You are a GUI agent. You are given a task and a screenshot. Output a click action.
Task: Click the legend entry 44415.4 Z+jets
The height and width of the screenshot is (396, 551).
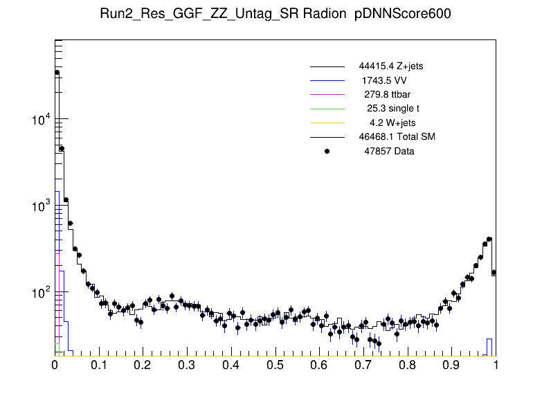point(391,66)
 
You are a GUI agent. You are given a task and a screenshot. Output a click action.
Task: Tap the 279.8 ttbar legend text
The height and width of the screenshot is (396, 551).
point(389,94)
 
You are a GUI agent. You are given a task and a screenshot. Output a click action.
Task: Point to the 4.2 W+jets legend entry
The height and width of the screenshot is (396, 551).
point(393,123)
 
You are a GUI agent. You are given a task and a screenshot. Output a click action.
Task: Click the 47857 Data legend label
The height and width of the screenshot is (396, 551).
point(389,151)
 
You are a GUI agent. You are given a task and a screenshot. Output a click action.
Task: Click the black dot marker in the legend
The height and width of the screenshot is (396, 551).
point(327,151)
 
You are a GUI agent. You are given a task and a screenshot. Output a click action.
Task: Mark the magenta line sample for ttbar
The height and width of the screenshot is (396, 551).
point(327,94)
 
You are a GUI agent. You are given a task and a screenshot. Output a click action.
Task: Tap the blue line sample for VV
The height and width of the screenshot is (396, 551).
point(327,80)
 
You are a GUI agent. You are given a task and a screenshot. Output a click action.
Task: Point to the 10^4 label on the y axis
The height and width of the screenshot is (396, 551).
point(40,120)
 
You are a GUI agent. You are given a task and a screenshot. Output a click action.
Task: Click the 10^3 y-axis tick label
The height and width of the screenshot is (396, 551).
point(40,207)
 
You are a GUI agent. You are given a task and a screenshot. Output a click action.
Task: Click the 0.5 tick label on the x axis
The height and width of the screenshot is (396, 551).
point(275,365)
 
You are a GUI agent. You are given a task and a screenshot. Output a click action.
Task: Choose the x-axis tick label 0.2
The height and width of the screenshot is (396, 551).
point(143,365)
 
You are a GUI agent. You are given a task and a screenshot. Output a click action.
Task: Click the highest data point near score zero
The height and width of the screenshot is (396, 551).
point(57,73)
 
